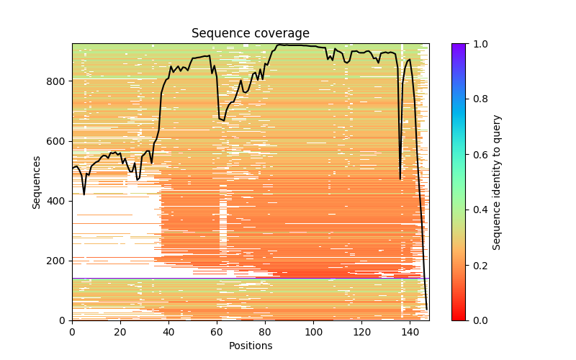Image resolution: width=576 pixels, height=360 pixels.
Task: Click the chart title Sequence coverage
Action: coord(250,33)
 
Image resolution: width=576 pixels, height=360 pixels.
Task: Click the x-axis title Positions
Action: coord(250,346)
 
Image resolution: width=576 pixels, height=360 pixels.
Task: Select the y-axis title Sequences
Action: coord(36,181)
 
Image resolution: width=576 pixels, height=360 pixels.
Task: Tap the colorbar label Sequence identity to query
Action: coord(497,181)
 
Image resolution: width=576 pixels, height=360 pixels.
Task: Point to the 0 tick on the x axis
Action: coord(72,331)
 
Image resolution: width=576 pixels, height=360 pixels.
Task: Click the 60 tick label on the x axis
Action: coord(217,331)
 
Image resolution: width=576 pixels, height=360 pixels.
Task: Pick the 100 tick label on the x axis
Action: coord(313,331)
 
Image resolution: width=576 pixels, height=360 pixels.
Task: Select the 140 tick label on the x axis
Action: coord(410,331)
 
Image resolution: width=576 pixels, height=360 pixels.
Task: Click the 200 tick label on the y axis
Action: coord(58,261)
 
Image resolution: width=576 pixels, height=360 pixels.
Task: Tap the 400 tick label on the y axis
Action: coord(58,200)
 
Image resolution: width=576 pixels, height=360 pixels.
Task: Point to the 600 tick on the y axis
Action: coord(58,140)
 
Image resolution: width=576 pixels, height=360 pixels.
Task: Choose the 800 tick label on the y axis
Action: coord(58,81)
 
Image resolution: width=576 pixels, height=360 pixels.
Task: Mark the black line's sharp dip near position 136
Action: coord(400,179)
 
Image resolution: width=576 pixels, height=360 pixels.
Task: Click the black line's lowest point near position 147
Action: coord(426,310)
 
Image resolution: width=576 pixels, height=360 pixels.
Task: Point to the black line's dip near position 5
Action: coord(84,194)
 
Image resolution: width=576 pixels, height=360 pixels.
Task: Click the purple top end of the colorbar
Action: coord(459,46)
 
